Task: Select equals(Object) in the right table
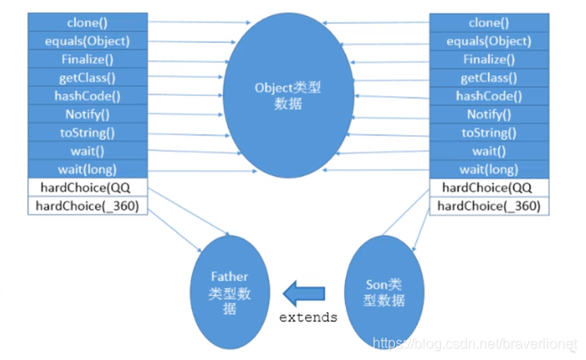pos(487,40)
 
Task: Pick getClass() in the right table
pos(487,77)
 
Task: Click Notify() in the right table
pos(487,114)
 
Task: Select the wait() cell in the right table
pos(487,151)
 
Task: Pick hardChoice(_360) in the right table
pos(487,206)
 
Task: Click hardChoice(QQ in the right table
pos(487,188)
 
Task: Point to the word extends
pos(309,317)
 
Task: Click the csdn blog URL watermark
pos(477,342)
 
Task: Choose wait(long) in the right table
pos(487,169)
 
